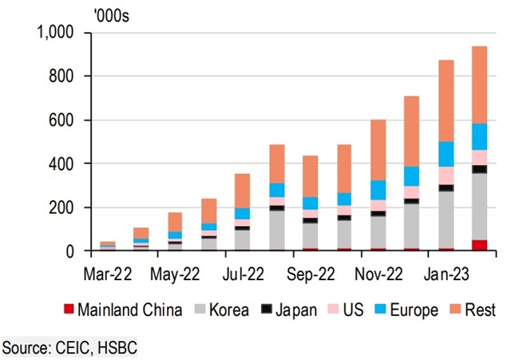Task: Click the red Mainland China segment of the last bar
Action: coord(480,245)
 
